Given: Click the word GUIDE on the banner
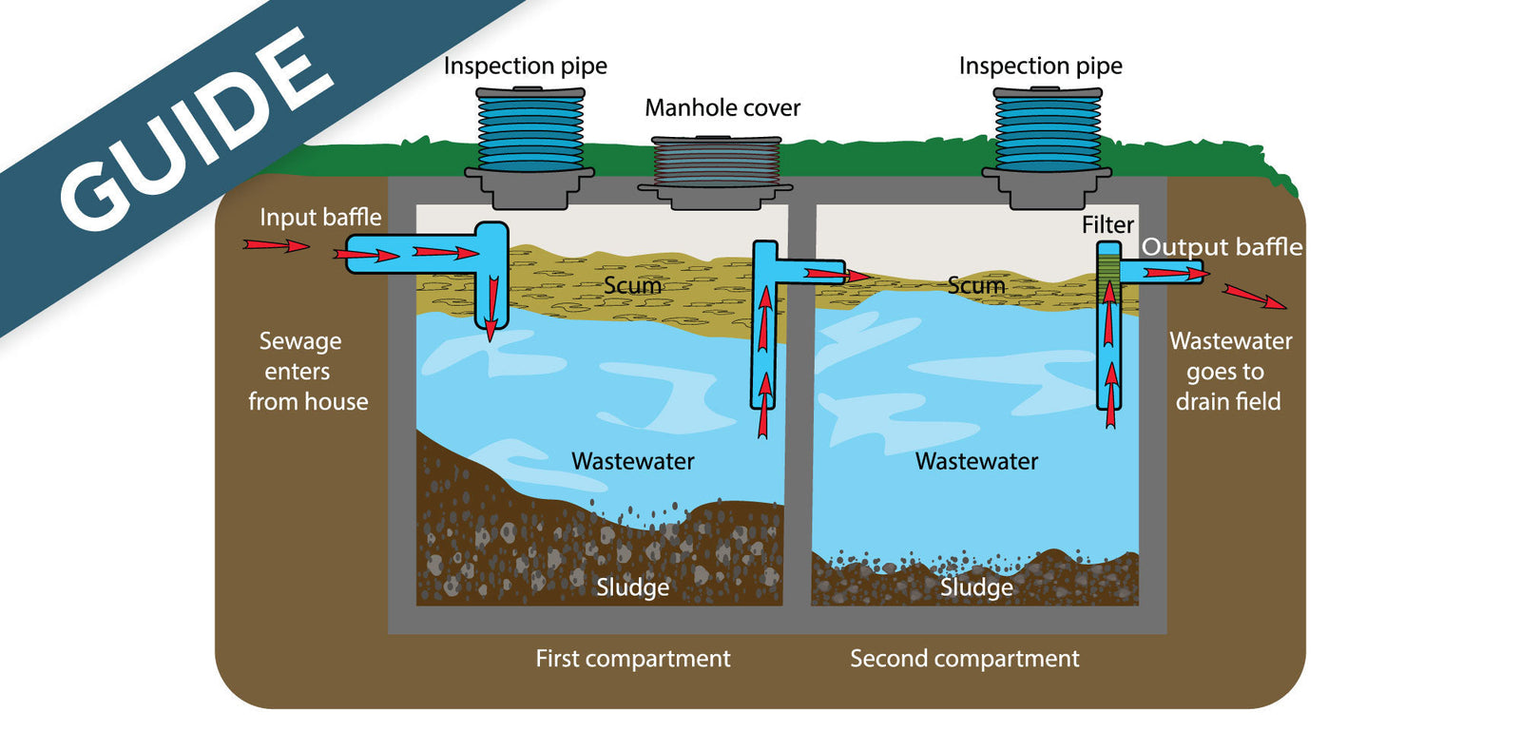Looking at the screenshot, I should [x=195, y=128].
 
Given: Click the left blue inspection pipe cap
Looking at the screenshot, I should [x=530, y=130].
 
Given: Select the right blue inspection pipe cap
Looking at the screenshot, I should [x=1047, y=130].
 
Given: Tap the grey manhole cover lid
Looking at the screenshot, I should [x=715, y=162].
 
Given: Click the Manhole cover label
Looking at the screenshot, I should [x=722, y=108].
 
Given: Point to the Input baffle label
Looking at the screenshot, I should [x=320, y=218].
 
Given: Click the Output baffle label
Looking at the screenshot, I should [x=1222, y=247].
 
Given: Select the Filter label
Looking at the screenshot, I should [x=1107, y=225].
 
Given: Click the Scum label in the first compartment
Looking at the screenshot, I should [x=632, y=285].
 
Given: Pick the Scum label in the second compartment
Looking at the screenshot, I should [x=976, y=285].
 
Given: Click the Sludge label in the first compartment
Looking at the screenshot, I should [x=632, y=587].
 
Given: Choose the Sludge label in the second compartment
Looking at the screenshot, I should [x=976, y=587].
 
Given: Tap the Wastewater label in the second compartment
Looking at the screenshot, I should [x=976, y=462].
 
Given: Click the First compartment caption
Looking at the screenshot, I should [x=632, y=659].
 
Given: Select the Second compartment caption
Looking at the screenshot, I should [x=964, y=659].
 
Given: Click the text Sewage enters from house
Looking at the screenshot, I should [x=306, y=372].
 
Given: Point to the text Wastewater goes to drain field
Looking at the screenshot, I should [x=1229, y=372].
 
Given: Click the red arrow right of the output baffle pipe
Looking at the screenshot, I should [x=1254, y=297].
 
